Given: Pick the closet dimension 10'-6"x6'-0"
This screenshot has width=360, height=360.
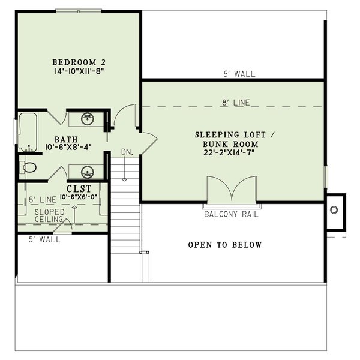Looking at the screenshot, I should click(x=77, y=196).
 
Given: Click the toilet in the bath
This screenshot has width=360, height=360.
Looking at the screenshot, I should click(x=29, y=166).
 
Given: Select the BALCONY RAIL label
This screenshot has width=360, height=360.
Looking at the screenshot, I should click(x=231, y=214).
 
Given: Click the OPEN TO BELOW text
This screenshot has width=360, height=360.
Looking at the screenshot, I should click(x=225, y=245).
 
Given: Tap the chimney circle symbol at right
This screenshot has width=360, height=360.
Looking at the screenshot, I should click(x=334, y=209).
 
